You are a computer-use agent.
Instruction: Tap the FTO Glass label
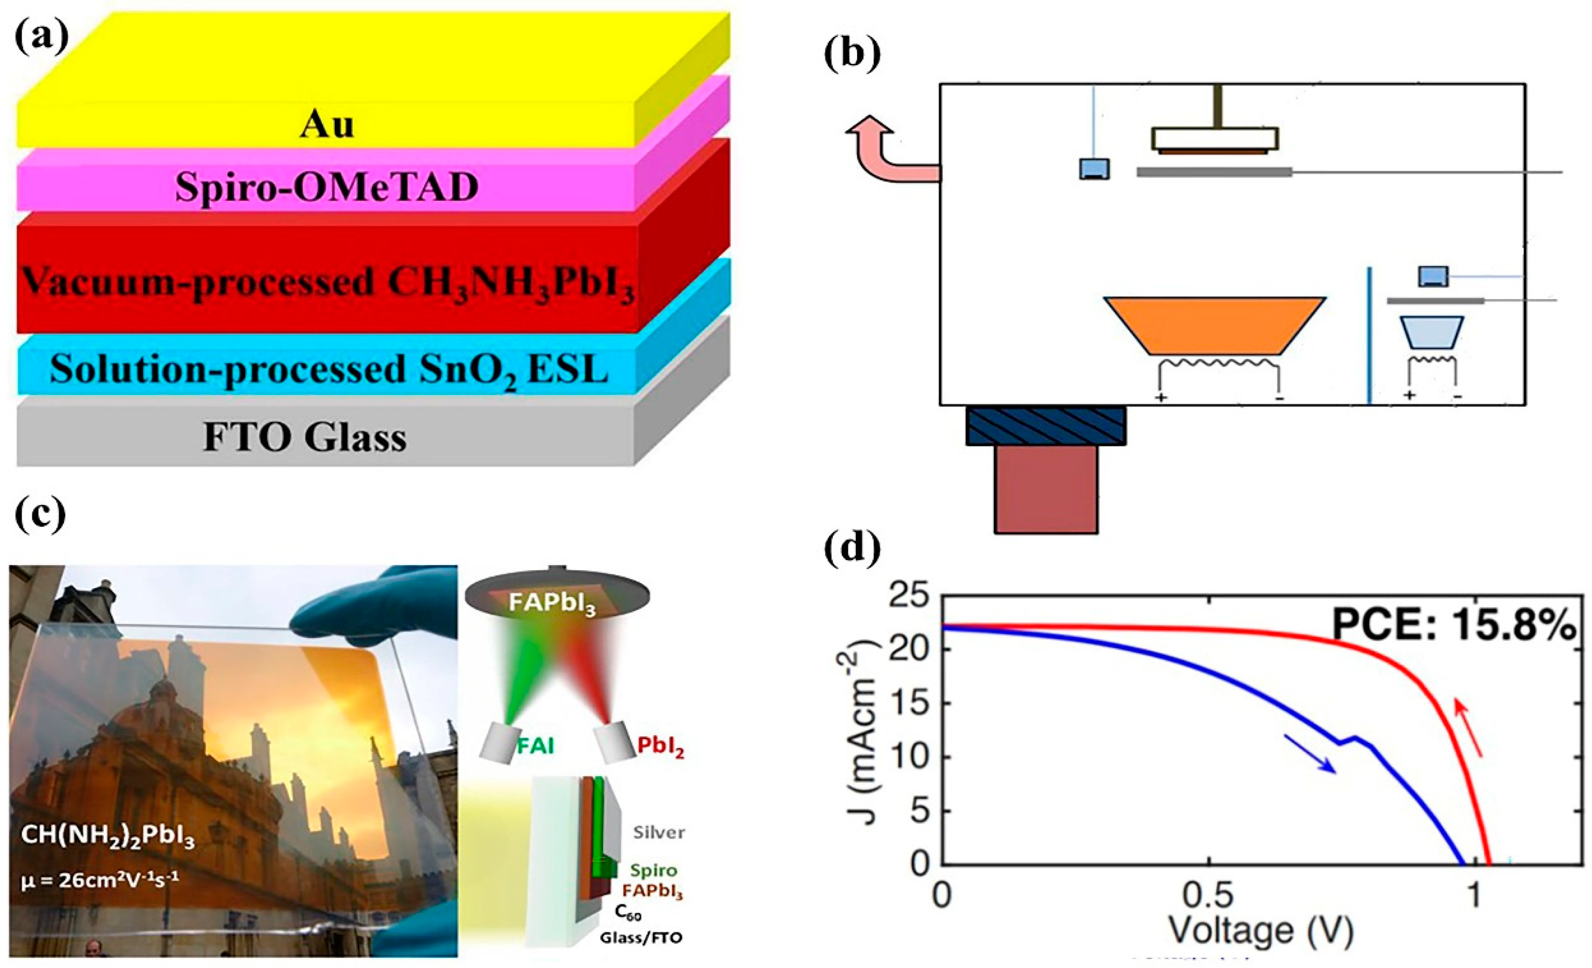click(x=305, y=438)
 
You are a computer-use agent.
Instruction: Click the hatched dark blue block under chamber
click(x=1046, y=425)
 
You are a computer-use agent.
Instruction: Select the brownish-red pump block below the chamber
click(x=1045, y=489)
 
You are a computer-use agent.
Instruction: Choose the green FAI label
click(x=536, y=746)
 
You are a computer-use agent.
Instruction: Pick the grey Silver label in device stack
click(x=659, y=832)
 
